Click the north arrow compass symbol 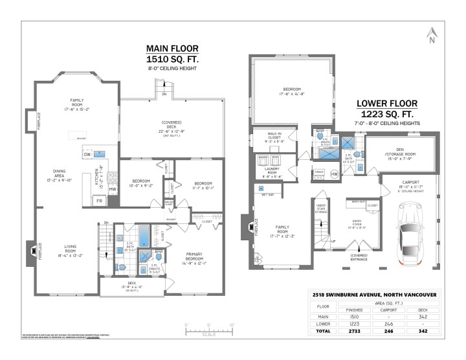[432, 36]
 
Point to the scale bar [208, 332]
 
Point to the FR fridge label [99, 201]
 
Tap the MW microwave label [112, 189]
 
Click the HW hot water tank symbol [335, 174]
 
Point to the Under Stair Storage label [320, 208]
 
